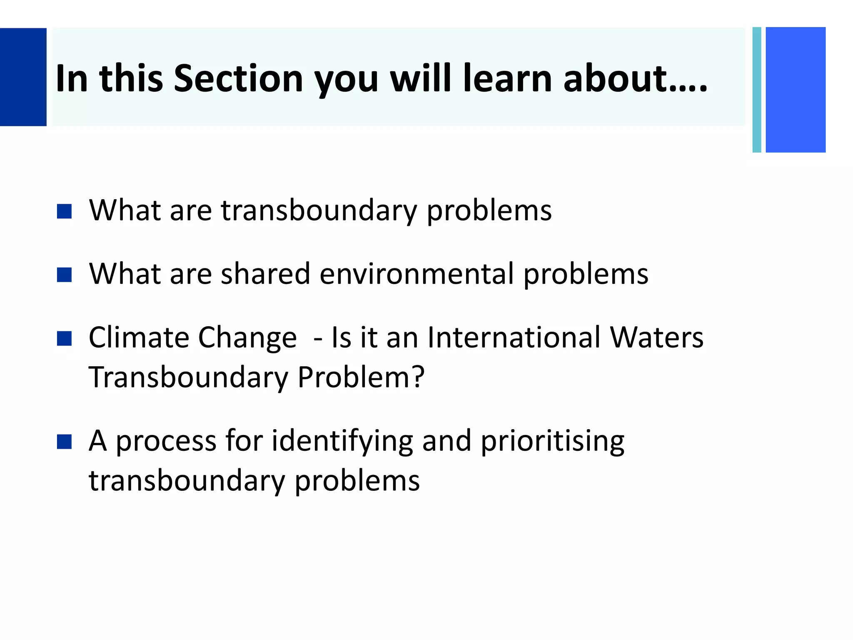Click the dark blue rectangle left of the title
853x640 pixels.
(23, 77)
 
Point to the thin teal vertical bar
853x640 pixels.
(757, 90)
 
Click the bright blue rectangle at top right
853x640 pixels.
(796, 90)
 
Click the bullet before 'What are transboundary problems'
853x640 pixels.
(64, 211)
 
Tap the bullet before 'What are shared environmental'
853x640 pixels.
(64, 275)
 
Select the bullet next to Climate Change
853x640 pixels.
(64, 338)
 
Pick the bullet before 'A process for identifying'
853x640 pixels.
(64, 442)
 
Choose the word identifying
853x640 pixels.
(342, 441)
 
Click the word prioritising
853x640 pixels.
(552, 441)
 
